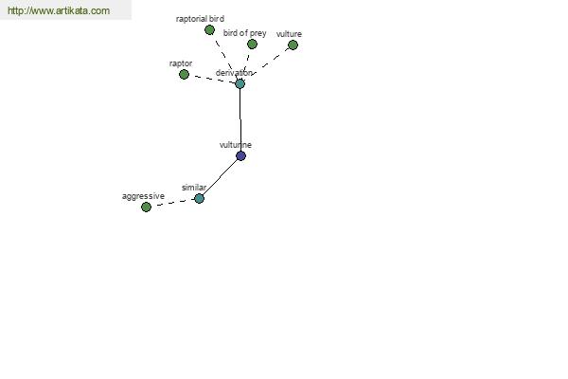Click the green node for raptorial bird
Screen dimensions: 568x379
(209, 30)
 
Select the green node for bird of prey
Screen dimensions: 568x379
(252, 45)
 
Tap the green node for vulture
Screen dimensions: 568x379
(293, 45)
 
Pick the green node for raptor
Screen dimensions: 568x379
(184, 74)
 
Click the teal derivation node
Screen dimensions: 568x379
(240, 83)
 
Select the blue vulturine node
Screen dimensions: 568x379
(240, 156)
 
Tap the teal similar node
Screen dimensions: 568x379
(199, 198)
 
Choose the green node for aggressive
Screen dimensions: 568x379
(146, 208)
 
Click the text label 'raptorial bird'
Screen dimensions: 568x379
(200, 19)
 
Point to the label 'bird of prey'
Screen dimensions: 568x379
(245, 33)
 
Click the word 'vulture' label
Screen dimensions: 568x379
(289, 34)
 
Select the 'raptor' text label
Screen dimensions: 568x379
(181, 63)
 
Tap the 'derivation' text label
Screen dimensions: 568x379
(234, 73)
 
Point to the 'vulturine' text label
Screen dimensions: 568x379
(236, 145)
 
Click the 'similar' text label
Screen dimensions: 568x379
(194, 188)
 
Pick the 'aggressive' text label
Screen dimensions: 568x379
(144, 196)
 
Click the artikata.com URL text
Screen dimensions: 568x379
(59, 10)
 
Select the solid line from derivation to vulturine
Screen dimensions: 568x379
(240, 119)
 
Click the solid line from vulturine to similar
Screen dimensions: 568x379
(220, 177)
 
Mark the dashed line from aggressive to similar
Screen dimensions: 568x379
(172, 203)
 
